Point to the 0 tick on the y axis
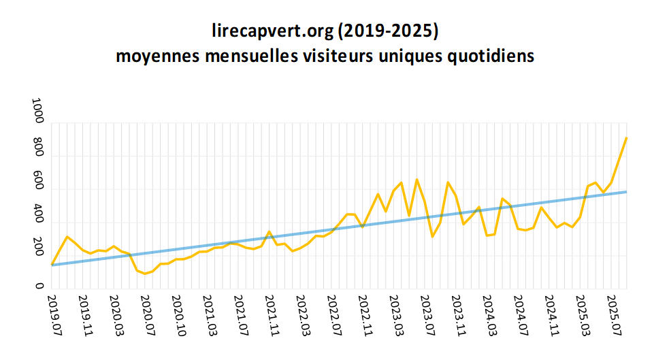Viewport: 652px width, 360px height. tap(38, 287)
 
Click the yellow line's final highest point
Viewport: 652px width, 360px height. tap(626, 138)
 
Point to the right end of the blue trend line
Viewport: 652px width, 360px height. tap(626, 192)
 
